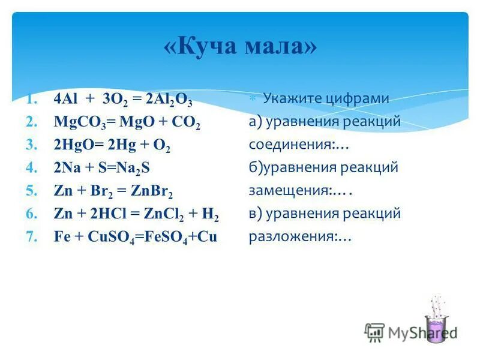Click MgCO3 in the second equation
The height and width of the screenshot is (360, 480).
click(74, 123)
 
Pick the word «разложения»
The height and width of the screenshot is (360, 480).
click(293, 237)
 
